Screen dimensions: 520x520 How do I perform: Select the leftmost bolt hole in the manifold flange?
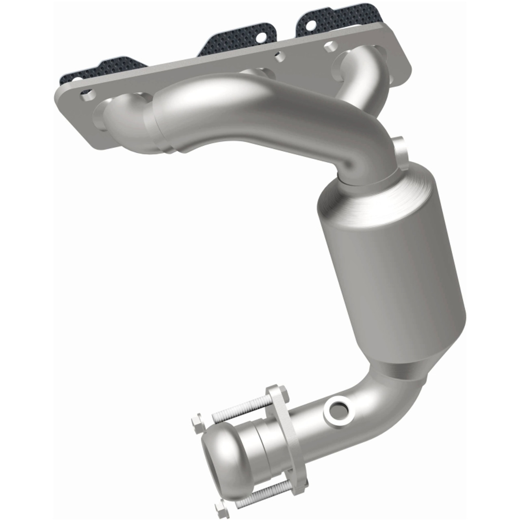[87, 97]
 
